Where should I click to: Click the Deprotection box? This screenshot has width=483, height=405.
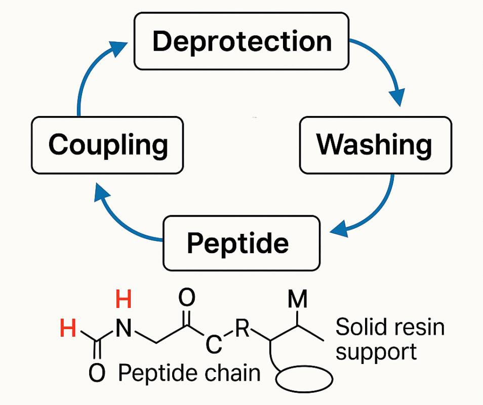(x=241, y=41)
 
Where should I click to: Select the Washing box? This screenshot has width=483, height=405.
(x=375, y=145)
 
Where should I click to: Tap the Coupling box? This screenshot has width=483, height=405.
(x=107, y=145)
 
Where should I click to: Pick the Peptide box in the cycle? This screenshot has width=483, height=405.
(x=241, y=244)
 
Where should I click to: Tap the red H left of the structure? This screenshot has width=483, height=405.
(x=68, y=330)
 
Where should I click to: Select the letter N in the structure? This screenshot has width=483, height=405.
(x=123, y=330)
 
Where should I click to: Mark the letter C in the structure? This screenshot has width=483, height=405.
(x=214, y=346)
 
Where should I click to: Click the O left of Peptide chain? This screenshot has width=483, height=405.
(x=96, y=374)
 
